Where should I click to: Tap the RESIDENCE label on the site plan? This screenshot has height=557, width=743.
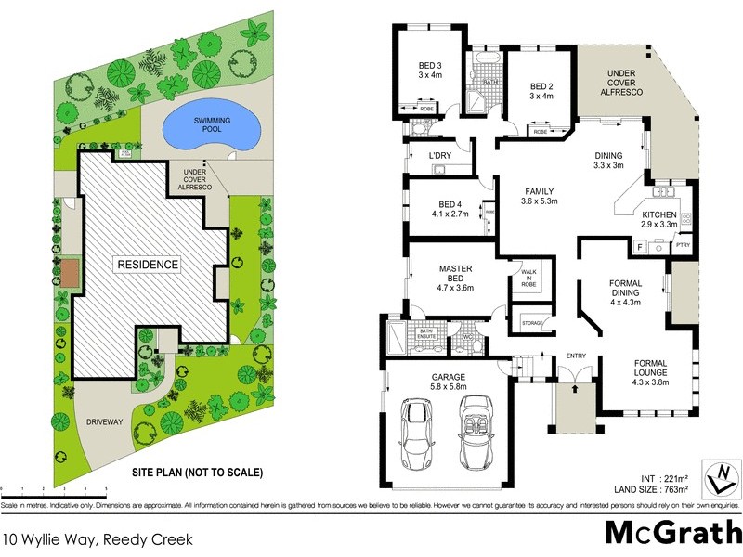pyautogui.click(x=147, y=265)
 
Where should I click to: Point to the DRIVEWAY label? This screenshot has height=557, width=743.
pyautogui.click(x=104, y=421)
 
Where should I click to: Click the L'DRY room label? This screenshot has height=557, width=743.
pyautogui.click(x=439, y=155)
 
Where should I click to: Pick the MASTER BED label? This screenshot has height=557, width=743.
pyautogui.click(x=456, y=278)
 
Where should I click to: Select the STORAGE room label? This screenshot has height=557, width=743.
pyautogui.click(x=531, y=324)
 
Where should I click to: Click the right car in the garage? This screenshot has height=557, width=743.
pyautogui.click(x=477, y=433)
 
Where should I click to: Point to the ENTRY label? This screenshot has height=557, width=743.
pyautogui.click(x=576, y=356)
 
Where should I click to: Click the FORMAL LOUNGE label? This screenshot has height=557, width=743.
pyautogui.click(x=650, y=371)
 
